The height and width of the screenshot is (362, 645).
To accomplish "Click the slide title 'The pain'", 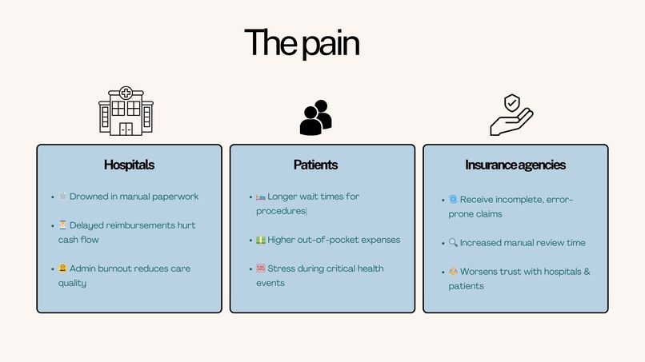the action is pos(302,42).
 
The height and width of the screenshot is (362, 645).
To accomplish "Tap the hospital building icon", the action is pos(126,111).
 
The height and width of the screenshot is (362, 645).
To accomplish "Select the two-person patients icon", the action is pos(315,117).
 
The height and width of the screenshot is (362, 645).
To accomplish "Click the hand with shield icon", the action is pos(511,114).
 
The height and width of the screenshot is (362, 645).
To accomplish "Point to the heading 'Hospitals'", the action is pos(129,165).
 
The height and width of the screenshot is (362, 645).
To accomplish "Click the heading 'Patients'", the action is pos(315,165).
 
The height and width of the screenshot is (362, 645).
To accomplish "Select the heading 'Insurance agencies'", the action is pos(515,165).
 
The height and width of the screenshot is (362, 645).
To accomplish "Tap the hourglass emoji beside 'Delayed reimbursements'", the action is pos(62,225).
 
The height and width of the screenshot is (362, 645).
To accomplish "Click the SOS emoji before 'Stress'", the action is pos(261,269).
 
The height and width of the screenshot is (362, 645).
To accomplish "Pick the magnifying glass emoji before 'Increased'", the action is pos(453,242).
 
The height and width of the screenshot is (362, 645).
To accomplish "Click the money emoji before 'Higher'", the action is pos(261,240).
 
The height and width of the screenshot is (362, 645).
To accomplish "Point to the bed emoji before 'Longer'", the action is pos(261,197).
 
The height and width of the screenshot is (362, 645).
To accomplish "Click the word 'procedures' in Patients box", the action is pos(281,211).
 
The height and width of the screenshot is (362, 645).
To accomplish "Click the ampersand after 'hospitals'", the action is pos(587,271).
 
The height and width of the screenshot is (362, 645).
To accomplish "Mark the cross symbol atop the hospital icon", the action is pos(126,93).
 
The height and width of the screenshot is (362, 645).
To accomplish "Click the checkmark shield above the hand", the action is pos(512,103).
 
